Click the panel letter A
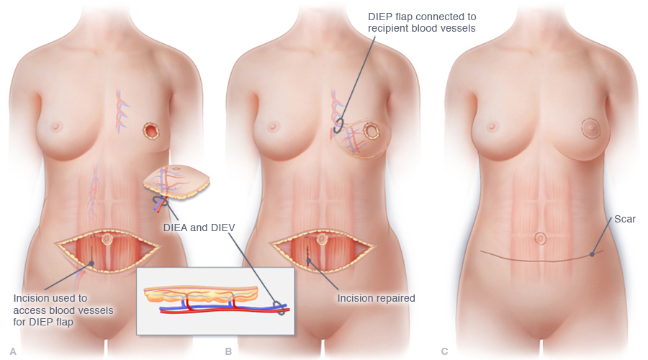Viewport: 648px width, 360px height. click(x=13, y=351)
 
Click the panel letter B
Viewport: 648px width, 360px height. click(x=228, y=351)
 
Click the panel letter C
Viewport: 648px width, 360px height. click(x=445, y=351)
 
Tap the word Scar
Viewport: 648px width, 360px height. click(x=625, y=219)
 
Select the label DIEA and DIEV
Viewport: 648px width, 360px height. click(x=199, y=228)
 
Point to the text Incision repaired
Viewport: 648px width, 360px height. click(x=376, y=298)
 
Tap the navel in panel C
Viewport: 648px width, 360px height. click(x=541, y=238)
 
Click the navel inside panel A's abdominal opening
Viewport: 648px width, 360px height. click(x=107, y=239)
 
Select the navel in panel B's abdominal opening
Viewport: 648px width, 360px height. click(x=322, y=239)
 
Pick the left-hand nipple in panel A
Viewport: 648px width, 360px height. click(x=55, y=126)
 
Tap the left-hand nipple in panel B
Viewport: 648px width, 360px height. click(x=272, y=126)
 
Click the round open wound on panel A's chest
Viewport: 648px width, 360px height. click(x=151, y=131)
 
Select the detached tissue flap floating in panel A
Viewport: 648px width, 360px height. click(x=176, y=182)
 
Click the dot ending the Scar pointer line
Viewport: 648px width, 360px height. click(x=593, y=255)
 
